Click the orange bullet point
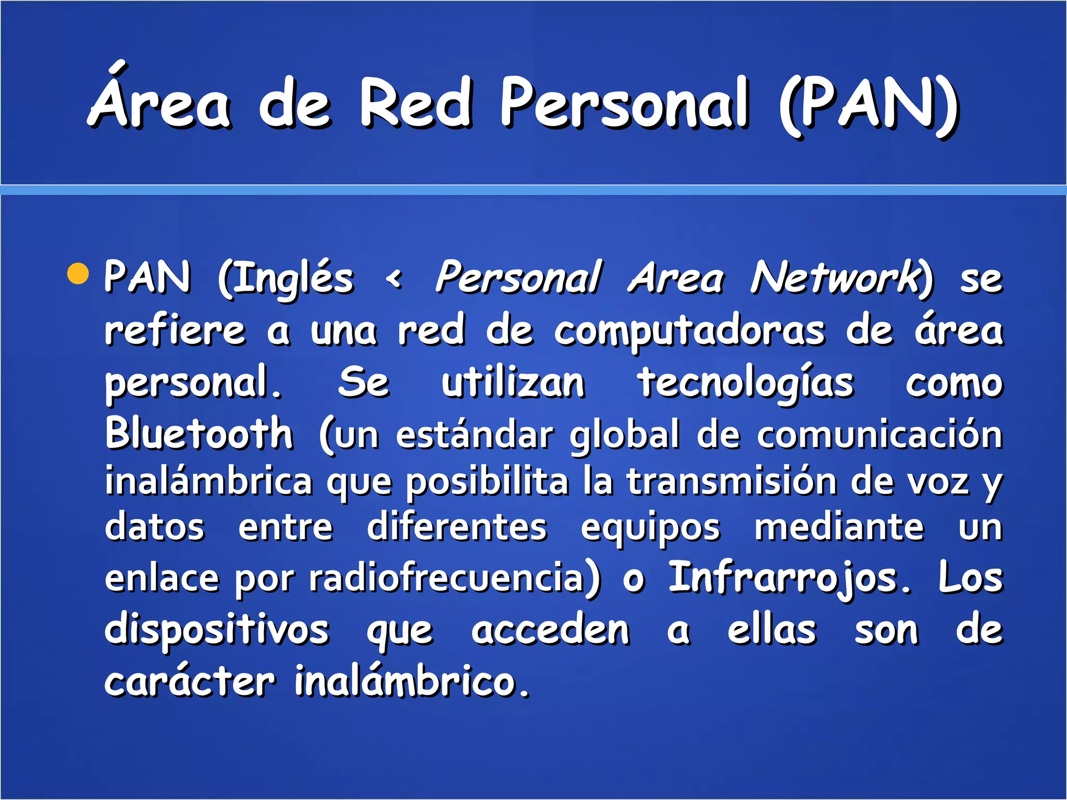tap(78, 274)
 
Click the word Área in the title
tap(159, 102)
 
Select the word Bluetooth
tap(199, 434)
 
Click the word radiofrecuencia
tap(454, 578)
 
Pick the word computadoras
tap(689, 332)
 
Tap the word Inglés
tap(286, 279)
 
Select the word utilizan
tap(513, 383)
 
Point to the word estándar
tap(474, 434)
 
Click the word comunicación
tap(879, 434)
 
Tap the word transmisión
tap(731, 481)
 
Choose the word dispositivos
tap(217, 630)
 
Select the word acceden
tap(550, 630)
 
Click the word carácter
tap(190, 681)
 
